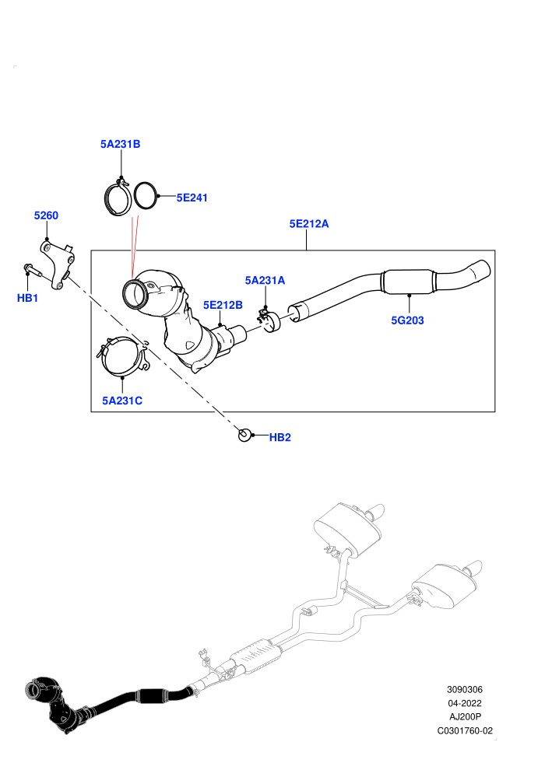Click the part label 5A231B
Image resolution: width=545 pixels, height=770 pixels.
coord(121,144)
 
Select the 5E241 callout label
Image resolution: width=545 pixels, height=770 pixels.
coord(192,198)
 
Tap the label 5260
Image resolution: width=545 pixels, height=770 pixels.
coord(46,215)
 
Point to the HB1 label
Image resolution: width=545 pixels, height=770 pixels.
coord(27,298)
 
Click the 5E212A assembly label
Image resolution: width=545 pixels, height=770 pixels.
coord(309,223)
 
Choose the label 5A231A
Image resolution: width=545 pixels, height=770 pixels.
coord(265,280)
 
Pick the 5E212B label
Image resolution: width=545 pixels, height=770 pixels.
coord(223,305)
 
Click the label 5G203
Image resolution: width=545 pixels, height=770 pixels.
coord(407,320)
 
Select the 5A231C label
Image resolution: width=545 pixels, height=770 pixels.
coord(122,401)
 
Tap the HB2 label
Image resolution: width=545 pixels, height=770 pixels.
coord(280,437)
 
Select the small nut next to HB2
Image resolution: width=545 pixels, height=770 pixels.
coord(244,435)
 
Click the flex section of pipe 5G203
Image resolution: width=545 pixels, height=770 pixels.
coord(408,282)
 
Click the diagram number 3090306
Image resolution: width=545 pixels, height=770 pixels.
coord(464,689)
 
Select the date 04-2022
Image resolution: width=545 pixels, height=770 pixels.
coord(464,703)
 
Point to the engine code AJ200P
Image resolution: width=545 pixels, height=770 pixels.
coord(465,717)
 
